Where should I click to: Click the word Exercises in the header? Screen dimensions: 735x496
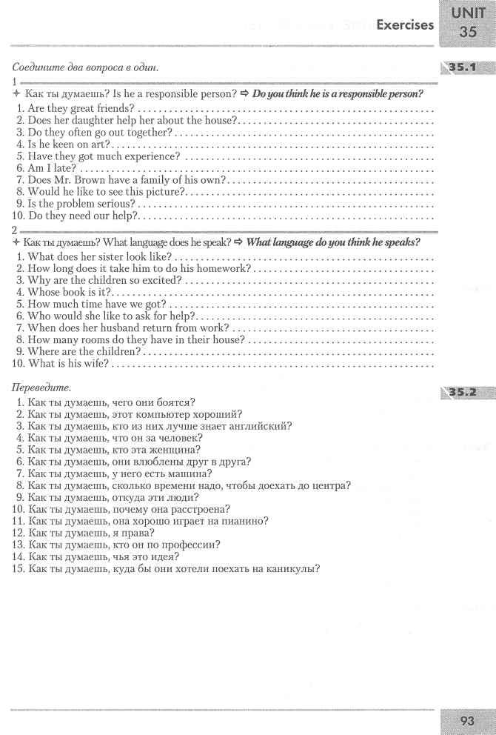coord(405,25)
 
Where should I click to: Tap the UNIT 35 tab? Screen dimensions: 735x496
coord(468,22)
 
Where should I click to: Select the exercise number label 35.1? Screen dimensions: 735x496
coord(468,69)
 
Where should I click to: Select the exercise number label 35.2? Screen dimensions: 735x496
coord(468,389)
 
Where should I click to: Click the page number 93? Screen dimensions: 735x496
coord(468,719)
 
